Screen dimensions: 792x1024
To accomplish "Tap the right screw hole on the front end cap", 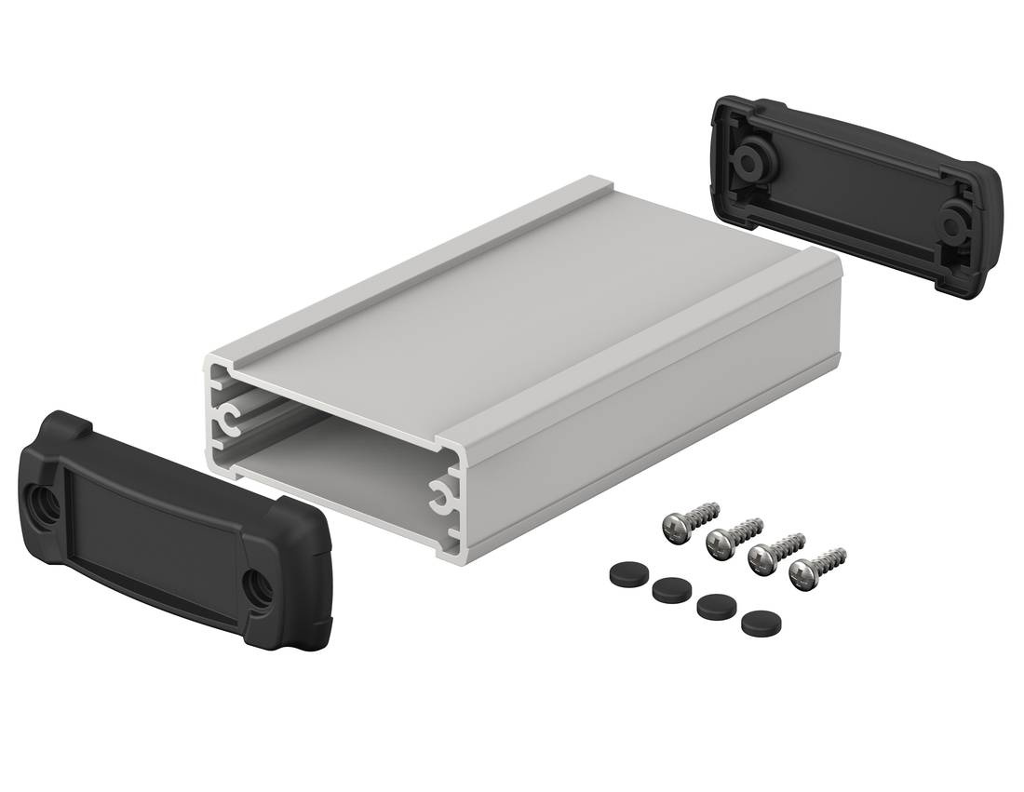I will click(255, 587).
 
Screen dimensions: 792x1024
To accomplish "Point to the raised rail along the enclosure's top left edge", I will click(391, 270).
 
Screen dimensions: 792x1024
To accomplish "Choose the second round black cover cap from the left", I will click(667, 588).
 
